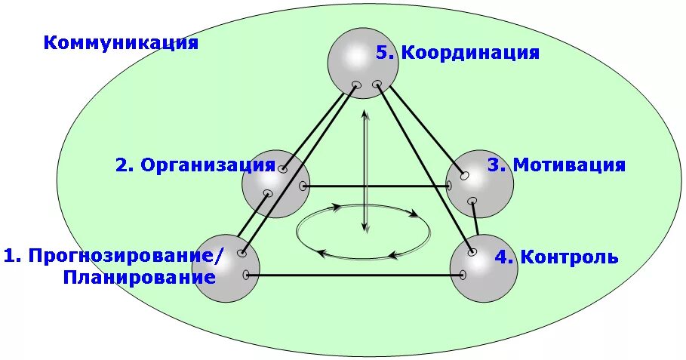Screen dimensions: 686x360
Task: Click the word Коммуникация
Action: (x=121, y=42)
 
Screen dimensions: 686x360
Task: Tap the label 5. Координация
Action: (x=457, y=53)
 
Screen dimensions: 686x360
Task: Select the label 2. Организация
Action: (x=195, y=165)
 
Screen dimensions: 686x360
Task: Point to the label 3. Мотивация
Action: (x=556, y=165)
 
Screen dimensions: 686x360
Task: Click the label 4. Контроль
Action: (x=557, y=257)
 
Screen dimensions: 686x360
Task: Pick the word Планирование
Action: (x=140, y=277)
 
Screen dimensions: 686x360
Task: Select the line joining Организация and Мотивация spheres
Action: (x=377, y=186)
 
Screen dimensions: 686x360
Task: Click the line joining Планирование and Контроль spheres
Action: (x=355, y=275)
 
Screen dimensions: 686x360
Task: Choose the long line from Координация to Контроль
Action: (x=423, y=165)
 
